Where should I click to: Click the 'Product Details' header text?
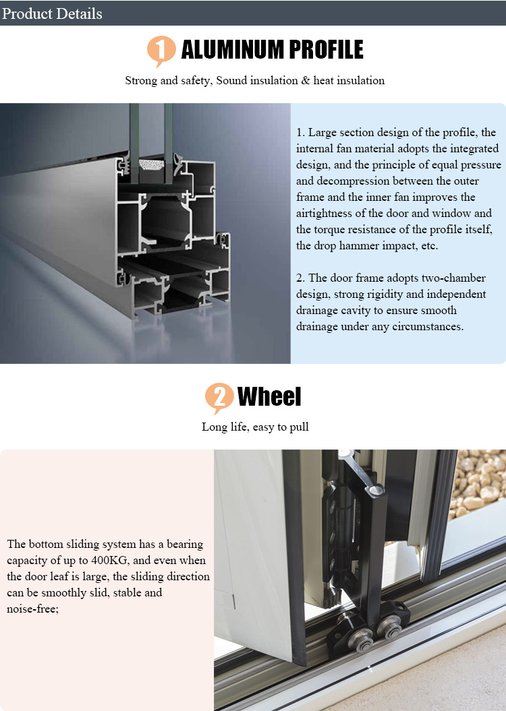[x=52, y=13]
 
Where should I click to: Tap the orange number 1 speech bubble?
[x=161, y=51]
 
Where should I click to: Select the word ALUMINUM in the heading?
[x=232, y=49]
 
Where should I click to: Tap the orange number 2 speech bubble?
[x=219, y=398]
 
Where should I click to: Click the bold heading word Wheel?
[x=269, y=396]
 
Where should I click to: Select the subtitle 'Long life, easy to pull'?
[x=255, y=427]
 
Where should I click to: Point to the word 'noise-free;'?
[x=32, y=609]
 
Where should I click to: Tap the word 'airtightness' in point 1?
[x=325, y=213]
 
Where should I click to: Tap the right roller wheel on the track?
[x=390, y=629]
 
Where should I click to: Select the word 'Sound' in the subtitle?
[x=231, y=81]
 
